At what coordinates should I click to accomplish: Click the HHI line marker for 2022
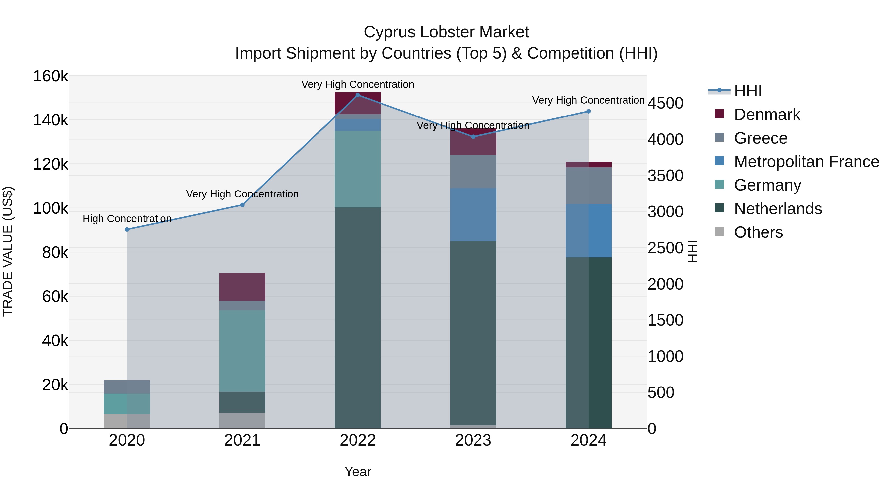(x=358, y=95)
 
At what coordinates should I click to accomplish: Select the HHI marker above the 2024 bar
(x=588, y=112)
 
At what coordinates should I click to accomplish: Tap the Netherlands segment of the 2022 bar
(x=358, y=318)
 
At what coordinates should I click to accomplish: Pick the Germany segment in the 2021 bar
(x=242, y=351)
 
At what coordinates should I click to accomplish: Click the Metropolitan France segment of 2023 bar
(x=473, y=215)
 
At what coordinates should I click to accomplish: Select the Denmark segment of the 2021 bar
(x=242, y=287)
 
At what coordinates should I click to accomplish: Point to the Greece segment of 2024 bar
(x=588, y=186)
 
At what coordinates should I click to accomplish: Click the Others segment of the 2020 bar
(x=127, y=421)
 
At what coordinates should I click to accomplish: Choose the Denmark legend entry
(x=767, y=115)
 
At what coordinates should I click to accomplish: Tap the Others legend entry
(x=758, y=232)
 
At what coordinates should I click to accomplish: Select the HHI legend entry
(x=748, y=91)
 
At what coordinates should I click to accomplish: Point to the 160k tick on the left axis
(x=51, y=76)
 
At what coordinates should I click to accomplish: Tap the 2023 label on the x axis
(x=473, y=440)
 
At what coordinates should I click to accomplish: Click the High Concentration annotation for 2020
(x=127, y=219)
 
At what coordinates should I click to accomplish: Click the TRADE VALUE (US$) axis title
(x=8, y=251)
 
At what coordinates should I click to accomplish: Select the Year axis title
(x=358, y=472)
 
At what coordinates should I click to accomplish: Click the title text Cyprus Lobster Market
(x=446, y=32)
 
